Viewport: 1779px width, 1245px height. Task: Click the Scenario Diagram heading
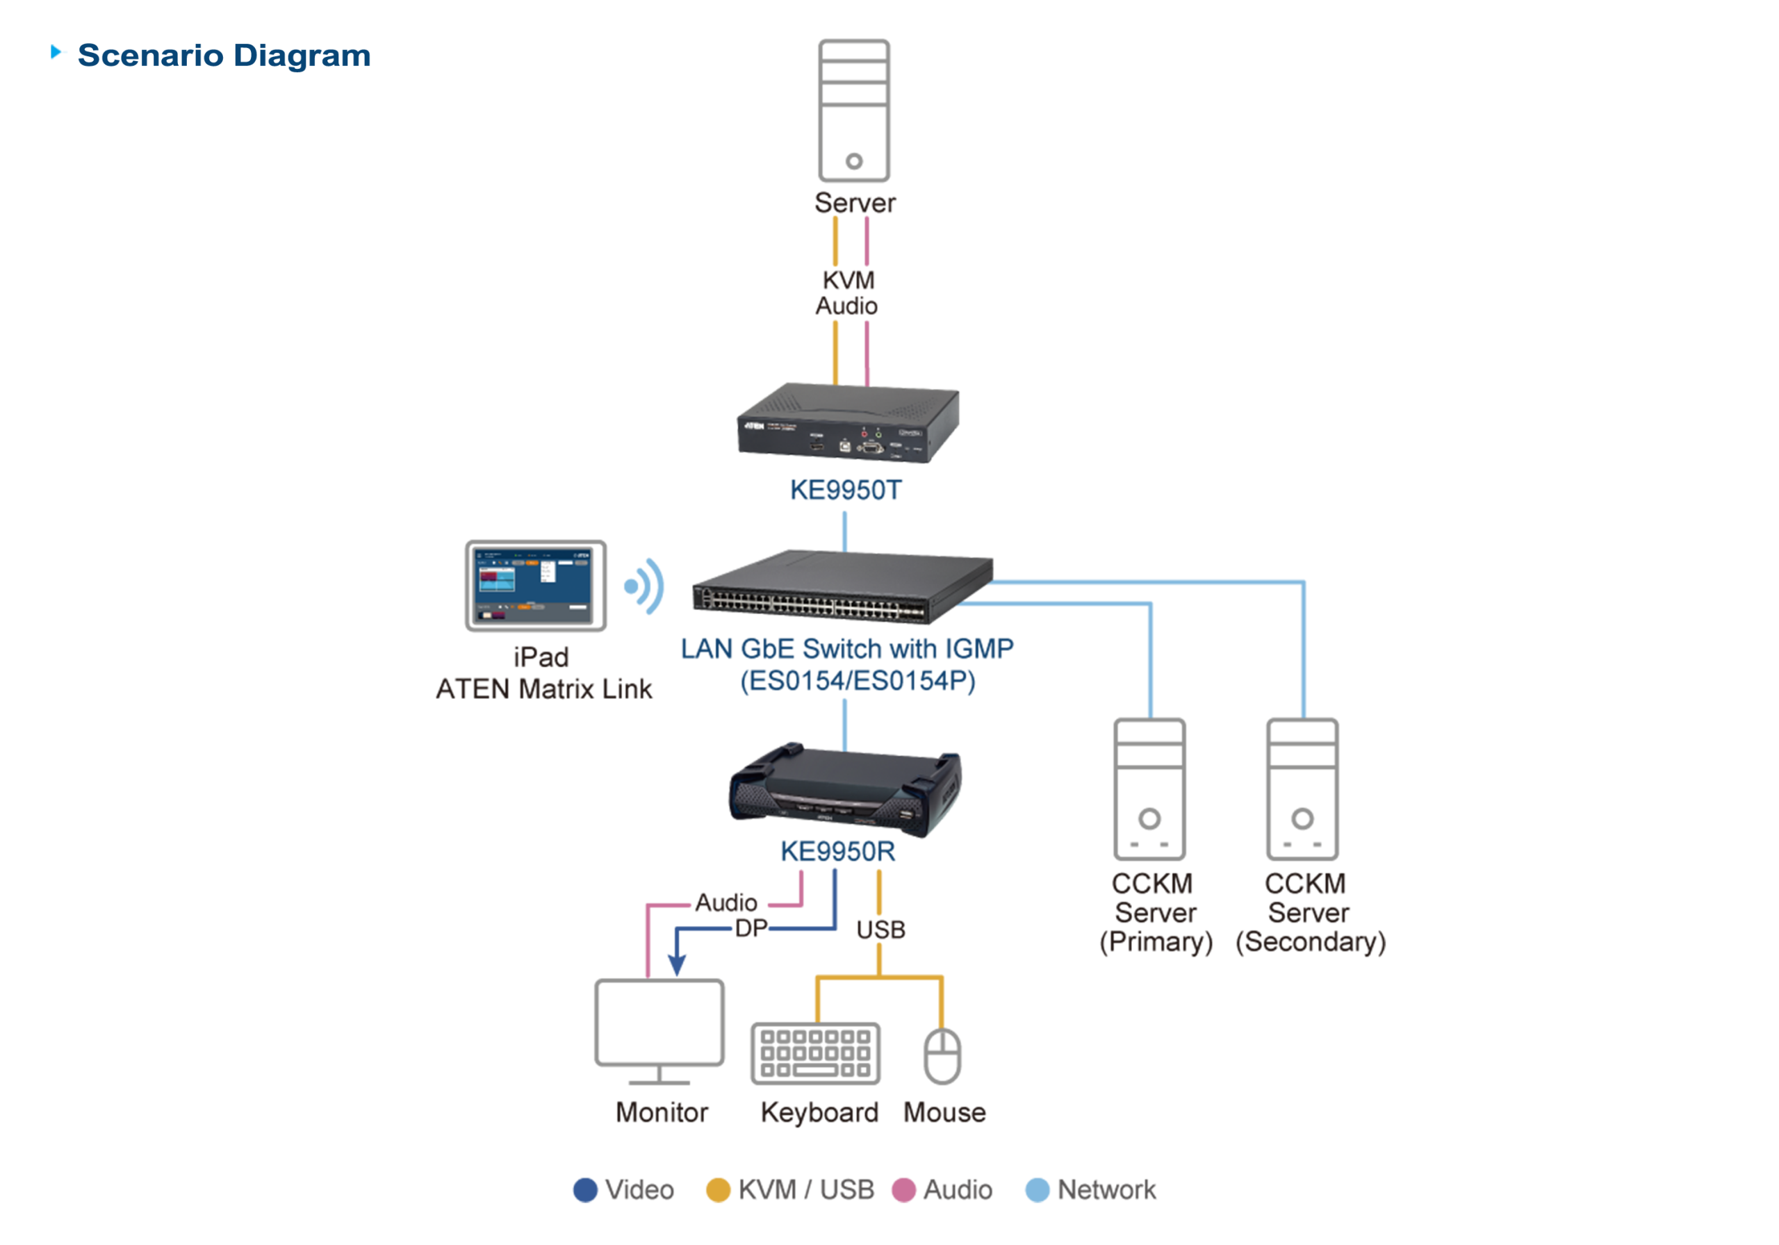pos(223,56)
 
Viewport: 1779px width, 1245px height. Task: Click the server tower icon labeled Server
pos(854,110)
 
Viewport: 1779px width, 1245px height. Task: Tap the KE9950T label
pos(845,490)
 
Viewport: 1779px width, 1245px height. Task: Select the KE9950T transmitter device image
pos(848,424)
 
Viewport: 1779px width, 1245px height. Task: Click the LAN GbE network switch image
pos(842,587)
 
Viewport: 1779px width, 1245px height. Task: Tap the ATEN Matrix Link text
pos(544,689)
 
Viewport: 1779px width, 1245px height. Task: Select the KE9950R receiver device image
pos(844,792)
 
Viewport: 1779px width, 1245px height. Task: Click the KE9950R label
pos(837,852)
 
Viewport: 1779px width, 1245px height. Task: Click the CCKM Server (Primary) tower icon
pos(1149,789)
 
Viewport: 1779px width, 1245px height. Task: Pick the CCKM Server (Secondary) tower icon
pos(1302,789)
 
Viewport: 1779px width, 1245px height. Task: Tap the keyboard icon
pos(815,1054)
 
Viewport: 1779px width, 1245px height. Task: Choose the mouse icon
pos(942,1056)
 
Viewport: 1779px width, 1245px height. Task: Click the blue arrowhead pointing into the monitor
pos(676,965)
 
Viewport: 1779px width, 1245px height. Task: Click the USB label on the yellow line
pos(880,930)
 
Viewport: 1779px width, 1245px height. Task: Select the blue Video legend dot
pos(585,1190)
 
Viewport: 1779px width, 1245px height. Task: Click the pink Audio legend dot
pos(903,1190)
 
